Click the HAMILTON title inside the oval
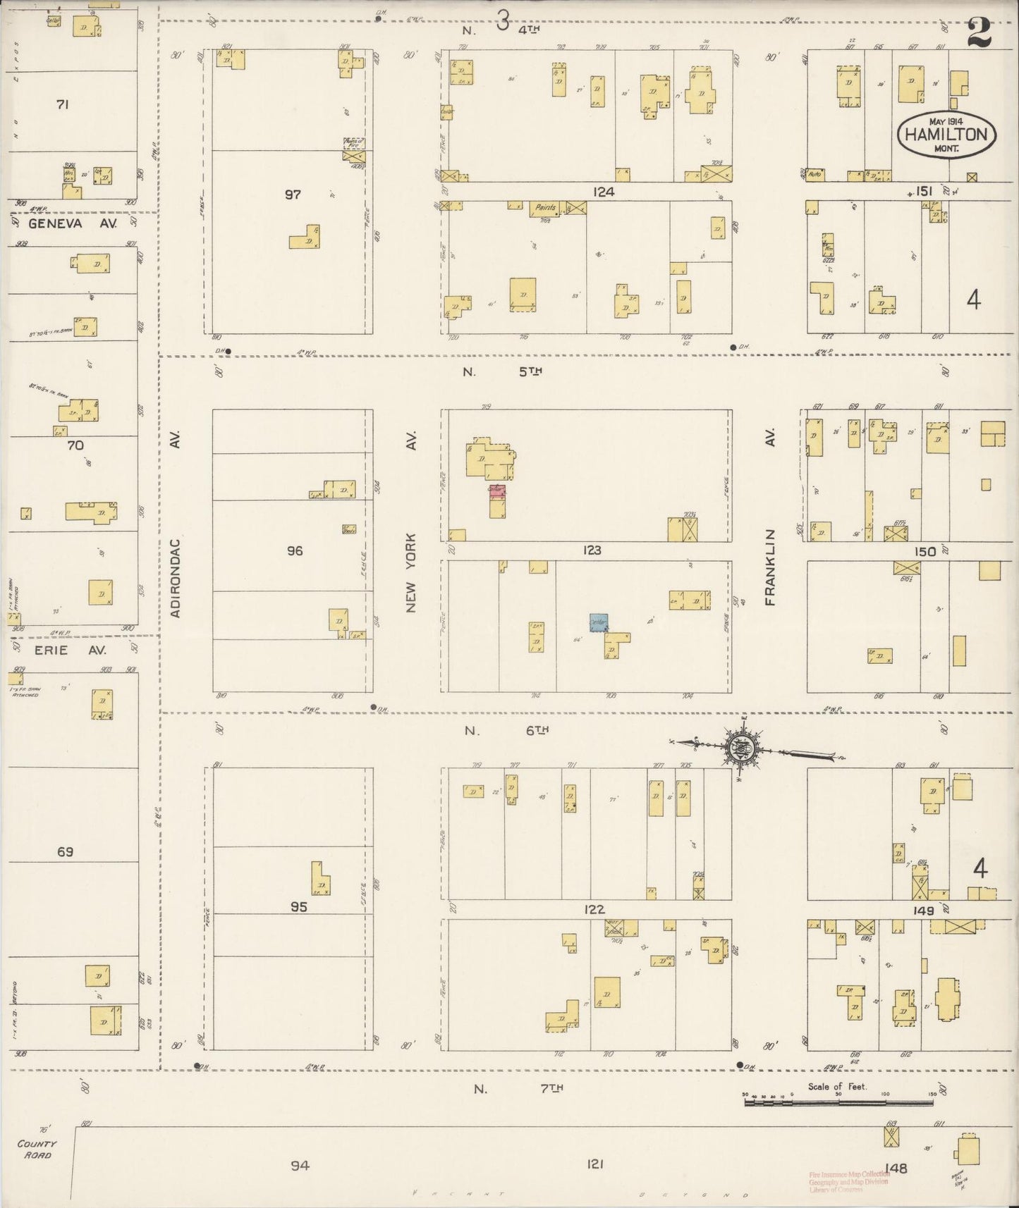coord(946,135)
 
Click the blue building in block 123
coord(599,622)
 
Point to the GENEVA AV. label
coord(66,223)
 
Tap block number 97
coord(293,194)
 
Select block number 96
coord(294,551)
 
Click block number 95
coord(298,907)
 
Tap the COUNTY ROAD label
coord(38,1150)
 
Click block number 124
coord(604,192)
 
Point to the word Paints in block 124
coord(546,208)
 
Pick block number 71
coord(62,105)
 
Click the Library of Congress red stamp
coord(849,1182)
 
